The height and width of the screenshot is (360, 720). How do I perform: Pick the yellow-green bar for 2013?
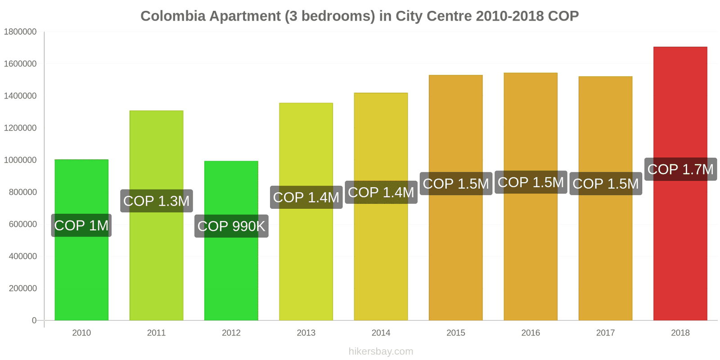306,261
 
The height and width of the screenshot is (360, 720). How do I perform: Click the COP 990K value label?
231,226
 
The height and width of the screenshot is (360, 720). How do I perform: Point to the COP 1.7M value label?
680,169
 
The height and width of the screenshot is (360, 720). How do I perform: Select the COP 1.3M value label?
156,201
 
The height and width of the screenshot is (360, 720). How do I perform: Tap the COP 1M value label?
81,225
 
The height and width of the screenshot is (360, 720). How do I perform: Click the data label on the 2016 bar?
531,182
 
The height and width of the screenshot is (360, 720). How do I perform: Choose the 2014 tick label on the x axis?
381,333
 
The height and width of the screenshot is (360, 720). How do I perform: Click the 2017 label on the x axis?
605,333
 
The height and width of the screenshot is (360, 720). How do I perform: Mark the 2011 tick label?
156,333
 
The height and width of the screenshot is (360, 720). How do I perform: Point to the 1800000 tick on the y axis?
20,31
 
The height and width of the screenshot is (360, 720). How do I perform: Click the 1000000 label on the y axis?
20,160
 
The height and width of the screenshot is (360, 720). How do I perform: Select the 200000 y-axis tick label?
22,288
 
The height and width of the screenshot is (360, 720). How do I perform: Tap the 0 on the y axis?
34,320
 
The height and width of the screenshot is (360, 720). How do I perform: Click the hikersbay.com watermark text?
381,351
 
